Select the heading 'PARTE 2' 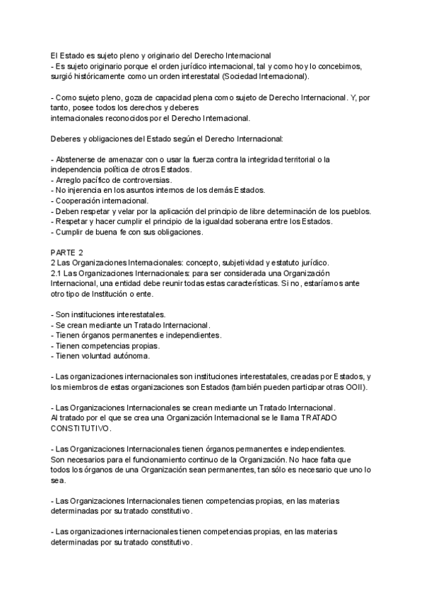66,253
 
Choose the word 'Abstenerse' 78,160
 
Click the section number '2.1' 56,273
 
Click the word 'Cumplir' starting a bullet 70,232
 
